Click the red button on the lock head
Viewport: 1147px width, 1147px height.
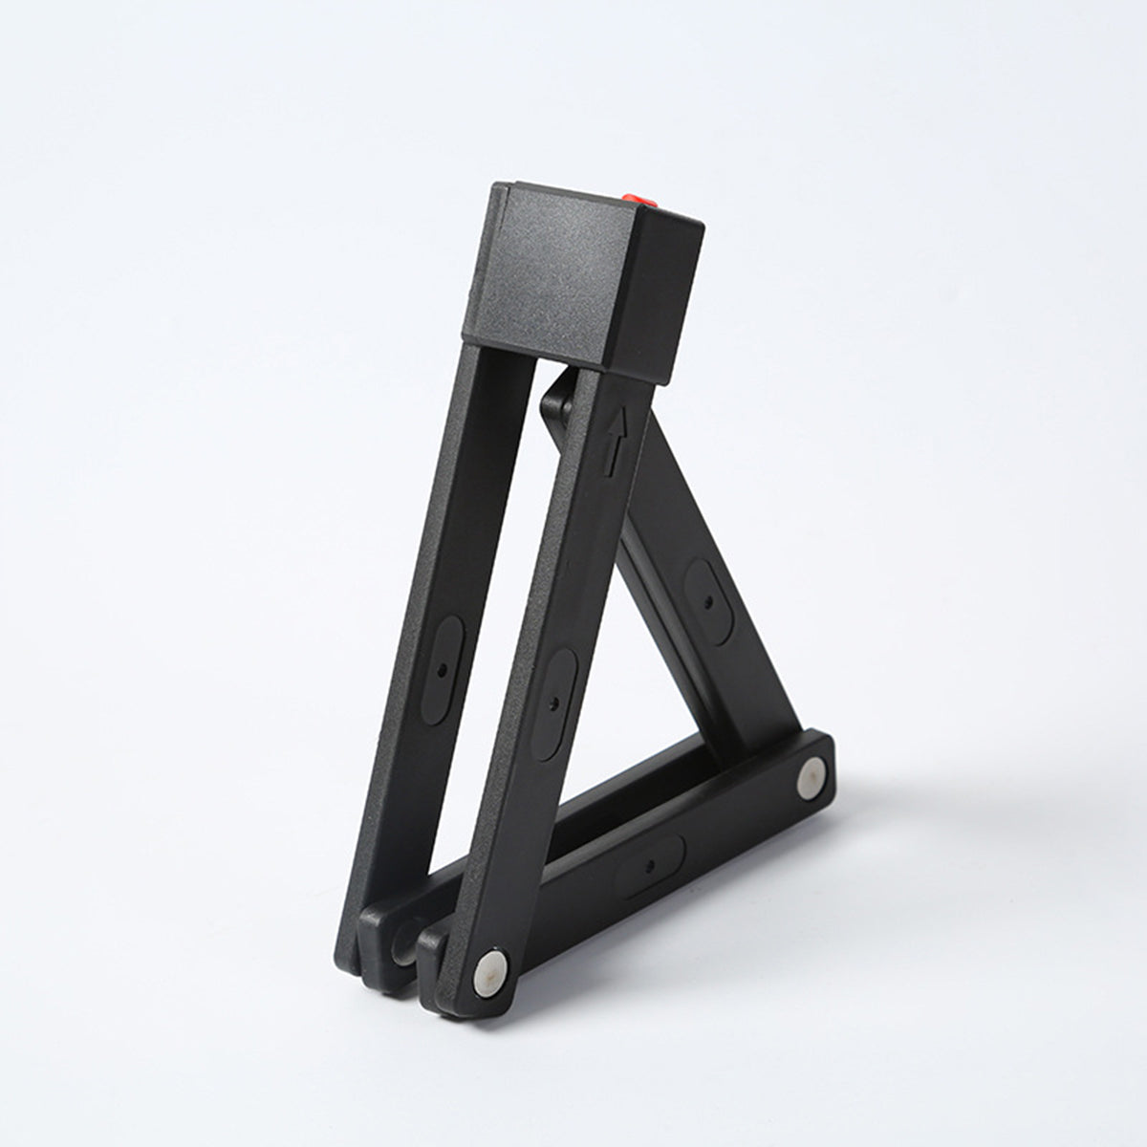(x=637, y=200)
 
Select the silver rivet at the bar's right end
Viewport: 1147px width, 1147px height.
(x=812, y=777)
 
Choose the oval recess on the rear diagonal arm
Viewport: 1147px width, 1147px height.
(x=709, y=600)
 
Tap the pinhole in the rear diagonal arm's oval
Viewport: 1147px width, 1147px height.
(x=708, y=602)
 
